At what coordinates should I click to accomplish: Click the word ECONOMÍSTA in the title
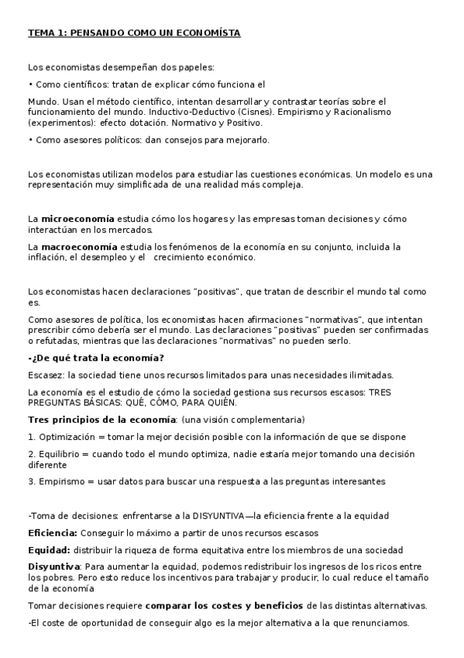point(208,33)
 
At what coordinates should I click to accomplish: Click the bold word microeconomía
point(77,219)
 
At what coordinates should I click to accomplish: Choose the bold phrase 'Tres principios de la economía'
point(98,419)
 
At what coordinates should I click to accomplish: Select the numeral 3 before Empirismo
point(30,481)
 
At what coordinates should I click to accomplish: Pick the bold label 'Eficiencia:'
point(53,533)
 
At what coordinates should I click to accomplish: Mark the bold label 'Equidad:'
point(49,550)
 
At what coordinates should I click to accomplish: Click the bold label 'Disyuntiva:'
point(53,567)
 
